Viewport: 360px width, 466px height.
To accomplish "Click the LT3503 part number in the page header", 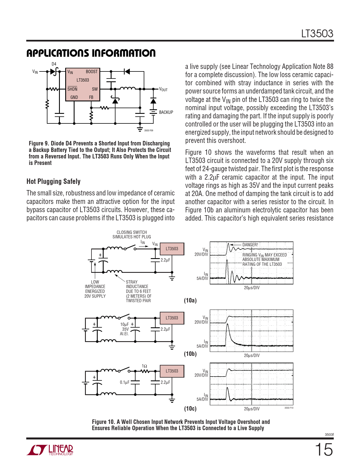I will [x=317, y=34].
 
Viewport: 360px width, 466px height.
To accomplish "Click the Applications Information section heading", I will [x=91, y=53].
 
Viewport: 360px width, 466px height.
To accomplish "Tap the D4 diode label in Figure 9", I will [x=54, y=64].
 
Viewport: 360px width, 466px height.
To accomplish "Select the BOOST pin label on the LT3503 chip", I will [x=91, y=72].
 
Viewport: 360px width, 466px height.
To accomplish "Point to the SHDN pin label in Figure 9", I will [x=72, y=89].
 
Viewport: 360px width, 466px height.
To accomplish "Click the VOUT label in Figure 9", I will [x=163, y=89].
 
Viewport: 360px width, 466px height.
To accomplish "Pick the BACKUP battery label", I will [x=166, y=112].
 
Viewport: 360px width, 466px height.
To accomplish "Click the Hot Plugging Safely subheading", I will [x=53, y=181].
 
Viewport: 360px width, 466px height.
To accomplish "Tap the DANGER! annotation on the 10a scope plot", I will [x=250, y=245].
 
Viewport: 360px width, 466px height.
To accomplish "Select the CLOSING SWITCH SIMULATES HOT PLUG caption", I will [x=132, y=234].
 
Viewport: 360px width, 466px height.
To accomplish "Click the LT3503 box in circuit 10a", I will [x=172, y=249].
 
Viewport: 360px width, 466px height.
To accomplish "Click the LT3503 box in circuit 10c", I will [x=172, y=371].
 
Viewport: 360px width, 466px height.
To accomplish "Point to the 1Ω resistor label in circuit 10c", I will [x=144, y=366].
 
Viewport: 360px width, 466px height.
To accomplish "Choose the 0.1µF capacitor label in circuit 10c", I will [x=125, y=382].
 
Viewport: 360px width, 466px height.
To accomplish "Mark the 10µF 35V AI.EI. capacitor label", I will [x=125, y=329].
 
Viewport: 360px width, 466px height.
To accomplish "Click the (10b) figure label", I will [x=190, y=354].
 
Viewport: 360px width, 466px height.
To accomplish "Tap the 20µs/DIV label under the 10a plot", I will [x=252, y=288].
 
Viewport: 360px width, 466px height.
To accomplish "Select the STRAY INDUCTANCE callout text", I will [x=138, y=291].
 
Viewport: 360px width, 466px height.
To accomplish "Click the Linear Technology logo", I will [x=50, y=450].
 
